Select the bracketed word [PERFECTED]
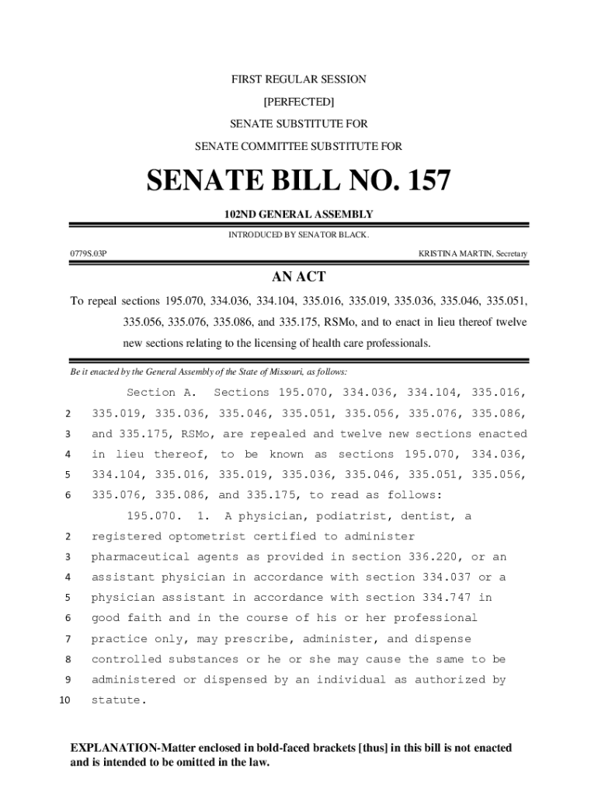click(299, 102)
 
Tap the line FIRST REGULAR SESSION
click(299, 79)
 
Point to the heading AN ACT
click(298, 278)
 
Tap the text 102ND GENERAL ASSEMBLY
click(299, 215)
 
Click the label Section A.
click(162, 393)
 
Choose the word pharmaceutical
click(141, 557)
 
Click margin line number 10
click(64, 700)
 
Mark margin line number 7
click(68, 639)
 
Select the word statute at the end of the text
click(116, 700)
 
